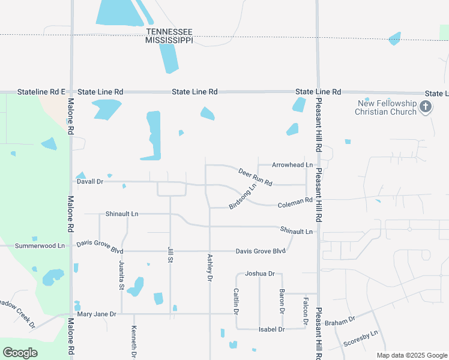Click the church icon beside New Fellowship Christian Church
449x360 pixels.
click(x=426, y=107)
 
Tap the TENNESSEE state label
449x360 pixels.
click(x=169, y=31)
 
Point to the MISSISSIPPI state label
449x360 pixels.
click(x=169, y=40)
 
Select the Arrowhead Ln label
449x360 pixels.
click(x=292, y=164)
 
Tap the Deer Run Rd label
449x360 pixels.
click(x=255, y=176)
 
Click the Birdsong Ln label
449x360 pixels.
click(x=243, y=196)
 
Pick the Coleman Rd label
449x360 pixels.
click(x=295, y=204)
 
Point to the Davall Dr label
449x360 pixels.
click(x=90, y=181)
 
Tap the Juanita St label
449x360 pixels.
click(x=121, y=278)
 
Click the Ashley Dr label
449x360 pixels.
click(x=209, y=268)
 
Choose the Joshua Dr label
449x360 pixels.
click(x=260, y=274)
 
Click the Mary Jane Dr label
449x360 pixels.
click(x=96, y=314)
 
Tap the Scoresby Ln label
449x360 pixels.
click(x=361, y=338)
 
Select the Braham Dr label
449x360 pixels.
click(x=340, y=321)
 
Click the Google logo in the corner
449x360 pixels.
click(x=20, y=353)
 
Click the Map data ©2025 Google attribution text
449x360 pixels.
click(x=412, y=355)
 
